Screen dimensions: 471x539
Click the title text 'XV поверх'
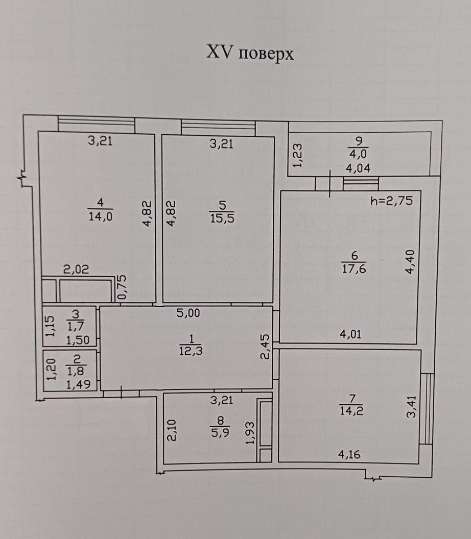250,54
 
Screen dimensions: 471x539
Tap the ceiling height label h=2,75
391,201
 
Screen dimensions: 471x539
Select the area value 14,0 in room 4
101,216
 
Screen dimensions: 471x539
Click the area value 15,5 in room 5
222,218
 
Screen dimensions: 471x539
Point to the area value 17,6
354,268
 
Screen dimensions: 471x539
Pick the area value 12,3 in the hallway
191,351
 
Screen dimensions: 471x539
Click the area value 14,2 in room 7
351,411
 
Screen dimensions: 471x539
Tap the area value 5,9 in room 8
220,432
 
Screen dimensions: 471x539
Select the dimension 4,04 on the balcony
358,168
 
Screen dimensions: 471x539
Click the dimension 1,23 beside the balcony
298,155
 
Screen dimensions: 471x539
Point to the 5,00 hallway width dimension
188,313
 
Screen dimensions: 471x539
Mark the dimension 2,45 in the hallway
265,347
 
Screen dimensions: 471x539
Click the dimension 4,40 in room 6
410,262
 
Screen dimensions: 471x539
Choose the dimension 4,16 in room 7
349,454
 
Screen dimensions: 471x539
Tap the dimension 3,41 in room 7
411,407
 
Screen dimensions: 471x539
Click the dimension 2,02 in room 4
76,269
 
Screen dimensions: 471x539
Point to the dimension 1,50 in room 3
78,340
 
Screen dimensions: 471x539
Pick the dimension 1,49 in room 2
78,385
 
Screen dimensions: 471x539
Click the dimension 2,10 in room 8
172,430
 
